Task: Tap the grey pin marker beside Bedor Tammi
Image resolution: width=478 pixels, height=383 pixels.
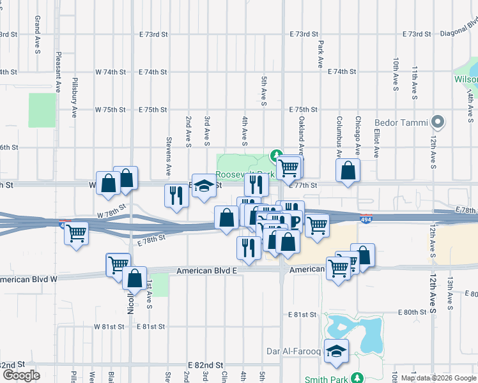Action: pos(438,121)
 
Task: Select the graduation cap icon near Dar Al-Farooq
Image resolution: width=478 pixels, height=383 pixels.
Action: pos(336,352)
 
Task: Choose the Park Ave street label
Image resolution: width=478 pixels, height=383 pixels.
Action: pos(320,55)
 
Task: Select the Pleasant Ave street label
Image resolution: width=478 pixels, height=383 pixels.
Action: pos(58,72)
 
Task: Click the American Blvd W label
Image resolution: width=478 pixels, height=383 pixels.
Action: pos(29,279)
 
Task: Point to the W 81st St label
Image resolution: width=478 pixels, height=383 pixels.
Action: pos(109,326)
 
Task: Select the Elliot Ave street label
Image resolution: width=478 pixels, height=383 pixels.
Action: pos(377,144)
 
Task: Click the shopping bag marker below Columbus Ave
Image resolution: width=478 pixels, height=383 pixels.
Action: pos(348,171)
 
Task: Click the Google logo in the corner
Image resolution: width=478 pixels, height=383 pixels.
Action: pos(21,375)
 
